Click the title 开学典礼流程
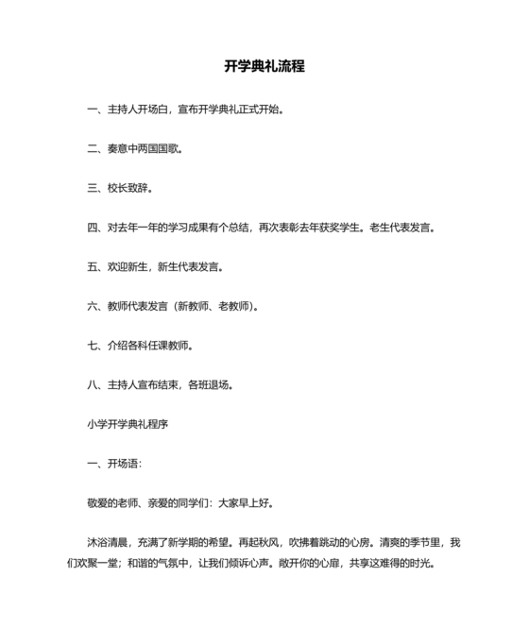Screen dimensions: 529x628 (x=264, y=67)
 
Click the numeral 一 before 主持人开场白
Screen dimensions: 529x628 (x=93, y=109)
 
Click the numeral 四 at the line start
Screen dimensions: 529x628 (x=93, y=227)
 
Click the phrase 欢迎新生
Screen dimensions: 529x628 (x=127, y=266)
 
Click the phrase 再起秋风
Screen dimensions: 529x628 (x=259, y=543)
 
